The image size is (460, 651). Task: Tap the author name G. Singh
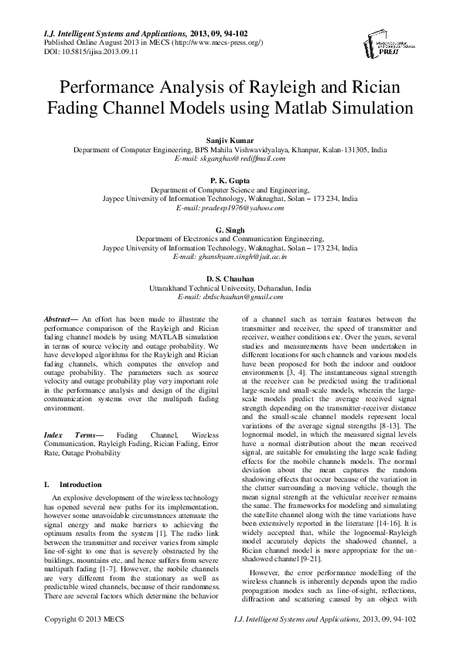point(230,230)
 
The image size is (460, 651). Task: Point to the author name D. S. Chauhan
point(230,278)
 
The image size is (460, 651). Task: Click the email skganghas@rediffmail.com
point(230,158)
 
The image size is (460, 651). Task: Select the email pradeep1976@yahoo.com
point(230,209)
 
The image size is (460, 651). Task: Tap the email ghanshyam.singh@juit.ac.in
point(230,257)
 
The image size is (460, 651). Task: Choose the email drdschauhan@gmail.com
point(230,296)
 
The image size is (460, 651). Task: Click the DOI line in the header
point(86,51)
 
